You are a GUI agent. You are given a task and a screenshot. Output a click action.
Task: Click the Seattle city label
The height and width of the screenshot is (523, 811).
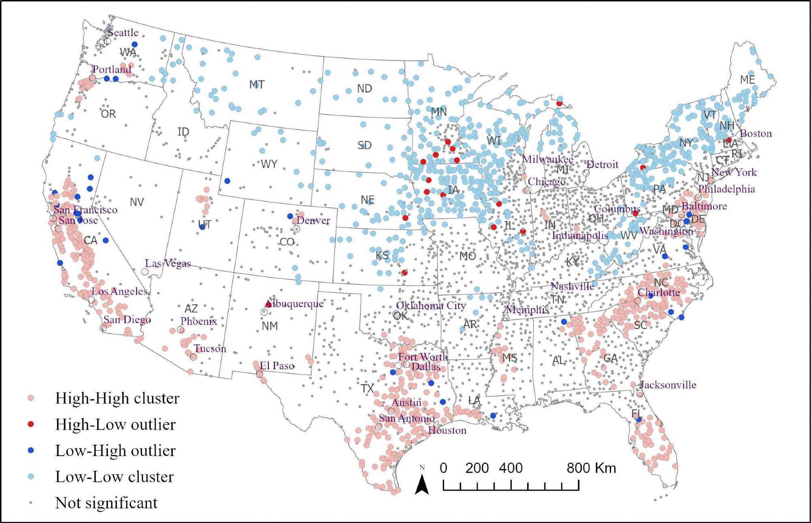(x=122, y=32)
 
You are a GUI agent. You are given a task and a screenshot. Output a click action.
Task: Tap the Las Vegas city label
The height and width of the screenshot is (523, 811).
(x=168, y=263)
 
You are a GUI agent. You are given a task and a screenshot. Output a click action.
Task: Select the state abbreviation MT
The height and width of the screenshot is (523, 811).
(x=257, y=84)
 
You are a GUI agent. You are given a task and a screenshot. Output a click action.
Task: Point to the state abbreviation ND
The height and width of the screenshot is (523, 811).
(x=364, y=88)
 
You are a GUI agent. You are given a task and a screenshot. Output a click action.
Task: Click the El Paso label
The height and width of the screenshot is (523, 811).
(x=277, y=366)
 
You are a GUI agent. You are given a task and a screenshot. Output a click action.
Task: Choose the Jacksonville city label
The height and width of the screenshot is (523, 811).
(x=668, y=385)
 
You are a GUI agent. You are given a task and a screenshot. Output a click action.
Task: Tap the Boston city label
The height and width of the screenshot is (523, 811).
(x=756, y=133)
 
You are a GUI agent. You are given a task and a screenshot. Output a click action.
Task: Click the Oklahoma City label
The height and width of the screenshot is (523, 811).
(x=431, y=306)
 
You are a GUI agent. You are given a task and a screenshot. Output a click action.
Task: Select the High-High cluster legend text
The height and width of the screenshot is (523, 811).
(x=117, y=398)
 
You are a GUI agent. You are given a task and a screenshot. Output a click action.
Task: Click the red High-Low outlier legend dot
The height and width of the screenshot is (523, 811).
(x=30, y=424)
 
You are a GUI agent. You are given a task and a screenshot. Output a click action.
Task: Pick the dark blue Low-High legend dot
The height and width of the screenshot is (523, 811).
(x=30, y=450)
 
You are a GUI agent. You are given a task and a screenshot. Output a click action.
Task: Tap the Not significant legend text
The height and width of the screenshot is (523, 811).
(x=106, y=503)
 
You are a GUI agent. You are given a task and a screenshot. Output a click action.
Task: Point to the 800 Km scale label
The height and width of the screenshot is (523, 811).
(x=591, y=468)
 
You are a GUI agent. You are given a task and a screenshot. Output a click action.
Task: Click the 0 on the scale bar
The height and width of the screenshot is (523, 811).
(x=443, y=468)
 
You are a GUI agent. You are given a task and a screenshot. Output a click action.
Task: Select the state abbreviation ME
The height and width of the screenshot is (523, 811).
(x=747, y=80)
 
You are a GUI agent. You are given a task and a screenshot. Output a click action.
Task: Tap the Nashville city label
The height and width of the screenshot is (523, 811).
(x=572, y=286)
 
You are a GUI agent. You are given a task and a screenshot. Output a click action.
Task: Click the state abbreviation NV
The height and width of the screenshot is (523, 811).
(x=137, y=202)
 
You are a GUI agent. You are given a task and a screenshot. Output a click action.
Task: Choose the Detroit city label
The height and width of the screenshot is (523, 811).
(x=602, y=164)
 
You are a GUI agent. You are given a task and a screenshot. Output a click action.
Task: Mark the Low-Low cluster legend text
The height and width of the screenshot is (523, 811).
(x=114, y=477)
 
